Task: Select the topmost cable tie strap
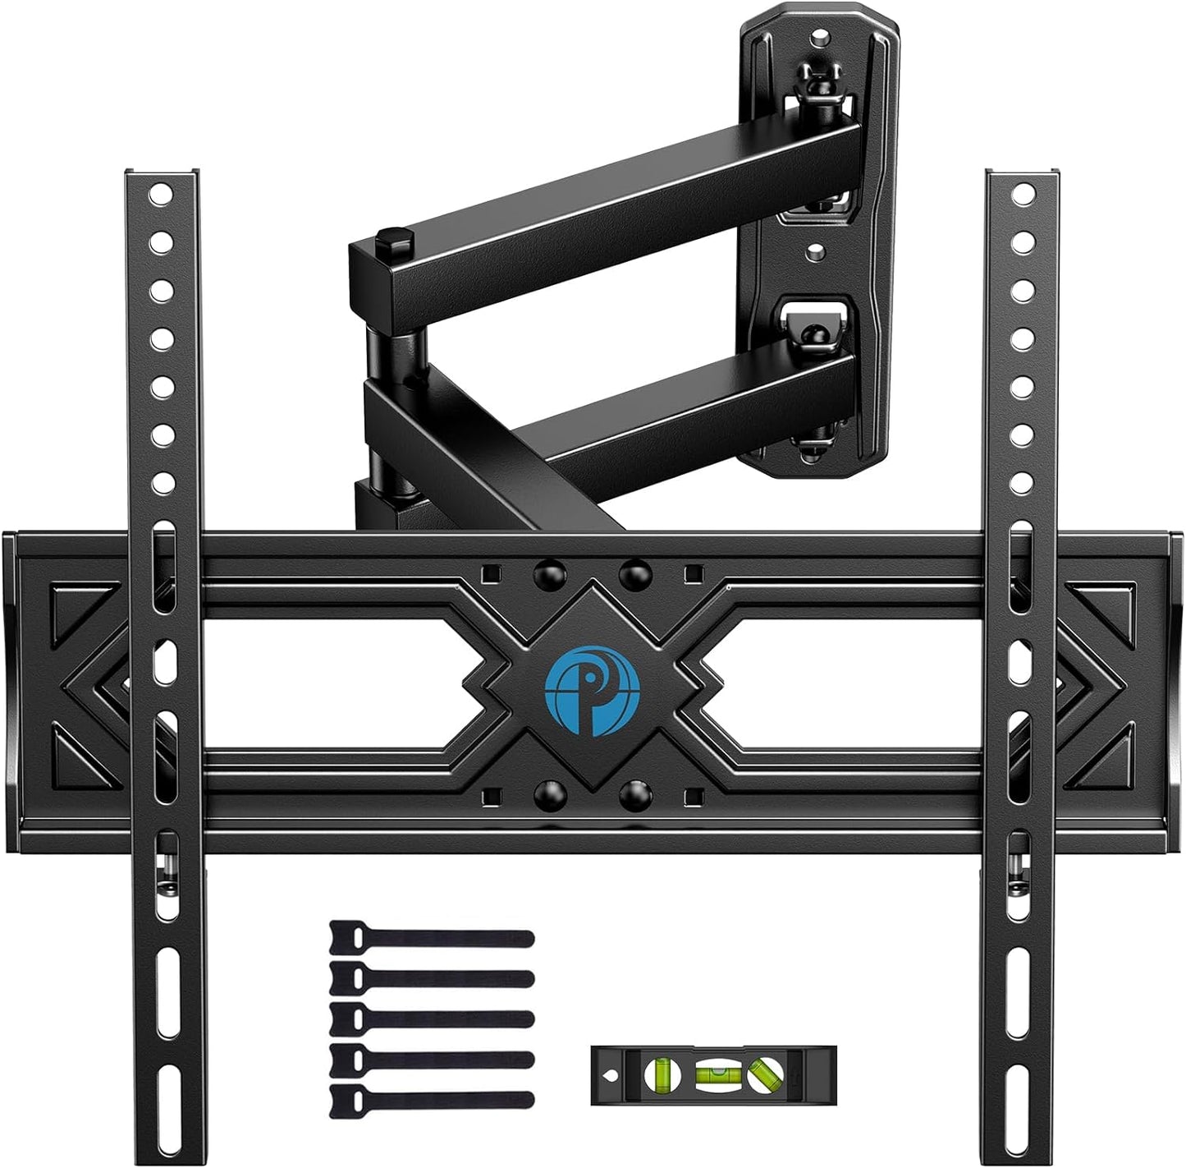point(431,937)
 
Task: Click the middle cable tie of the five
point(431,1017)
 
